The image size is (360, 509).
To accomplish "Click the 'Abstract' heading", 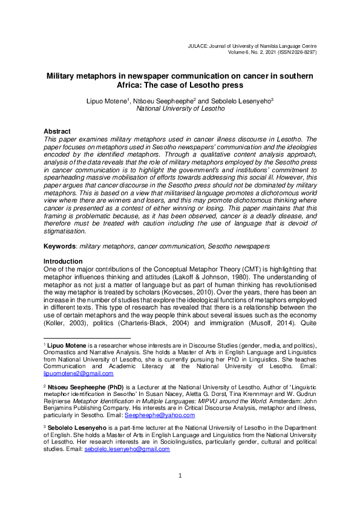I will pos(57,131).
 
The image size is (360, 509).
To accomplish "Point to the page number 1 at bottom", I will pos(180,493).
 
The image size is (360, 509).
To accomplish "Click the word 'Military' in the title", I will pos(65,77).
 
